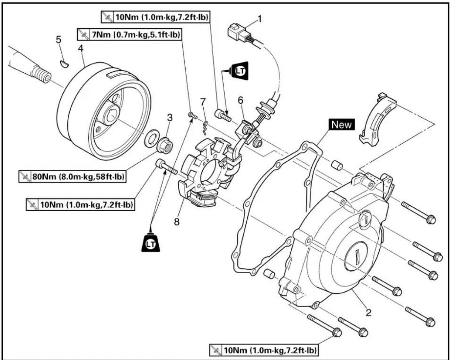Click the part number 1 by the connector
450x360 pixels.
tap(259, 19)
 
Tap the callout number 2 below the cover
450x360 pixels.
tap(368, 312)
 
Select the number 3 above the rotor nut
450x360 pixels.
tap(170, 117)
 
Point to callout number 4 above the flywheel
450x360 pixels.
tap(81, 49)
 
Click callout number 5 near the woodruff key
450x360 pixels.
tap(59, 39)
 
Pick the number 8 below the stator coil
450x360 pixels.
tap(177, 222)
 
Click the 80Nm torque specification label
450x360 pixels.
tap(72, 177)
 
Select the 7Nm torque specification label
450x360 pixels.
tap(129, 34)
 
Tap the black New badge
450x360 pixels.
tap(341, 124)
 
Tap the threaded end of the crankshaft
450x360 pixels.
tap(42, 75)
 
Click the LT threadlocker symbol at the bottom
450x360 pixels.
tap(150, 244)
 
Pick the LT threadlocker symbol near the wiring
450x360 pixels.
tap(239, 71)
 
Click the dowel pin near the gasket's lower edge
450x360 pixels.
tap(269, 274)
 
